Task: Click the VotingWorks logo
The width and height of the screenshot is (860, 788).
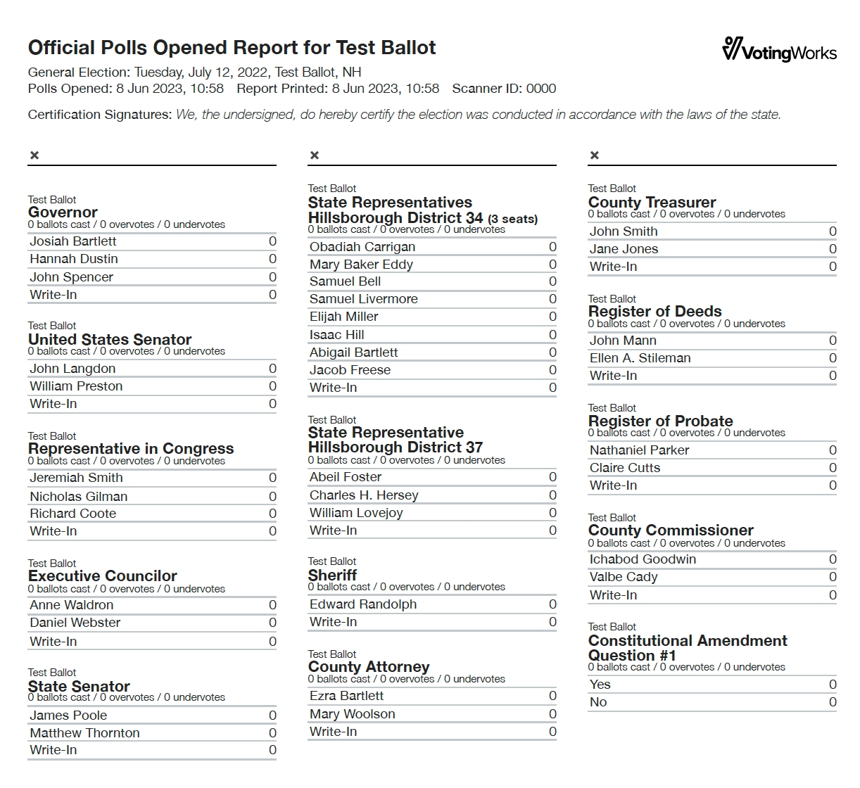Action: [x=779, y=50]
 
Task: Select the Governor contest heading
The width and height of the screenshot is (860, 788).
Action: [x=63, y=212]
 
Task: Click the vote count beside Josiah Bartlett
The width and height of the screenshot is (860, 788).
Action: [x=272, y=241]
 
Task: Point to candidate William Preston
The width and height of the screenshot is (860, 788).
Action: [x=76, y=386]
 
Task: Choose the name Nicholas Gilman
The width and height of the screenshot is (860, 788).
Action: [x=78, y=496]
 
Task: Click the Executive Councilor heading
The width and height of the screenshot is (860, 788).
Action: [x=103, y=576]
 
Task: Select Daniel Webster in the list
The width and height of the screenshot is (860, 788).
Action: [x=75, y=623]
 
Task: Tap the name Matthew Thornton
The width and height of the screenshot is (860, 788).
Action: [x=84, y=733]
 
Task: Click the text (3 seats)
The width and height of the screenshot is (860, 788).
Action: [x=512, y=220]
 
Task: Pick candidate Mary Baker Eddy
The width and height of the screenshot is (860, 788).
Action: [x=361, y=265]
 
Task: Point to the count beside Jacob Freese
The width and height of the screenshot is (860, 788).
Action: [x=552, y=370]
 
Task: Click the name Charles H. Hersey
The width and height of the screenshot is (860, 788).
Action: [x=364, y=495]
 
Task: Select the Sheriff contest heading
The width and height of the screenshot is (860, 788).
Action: [x=332, y=575]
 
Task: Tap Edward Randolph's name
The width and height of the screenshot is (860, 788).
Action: [x=363, y=604]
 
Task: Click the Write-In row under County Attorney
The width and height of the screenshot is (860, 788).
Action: [x=334, y=732]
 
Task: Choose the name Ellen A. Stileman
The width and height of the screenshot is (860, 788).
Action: [x=640, y=358]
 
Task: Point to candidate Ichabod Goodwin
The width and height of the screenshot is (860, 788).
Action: [x=643, y=559]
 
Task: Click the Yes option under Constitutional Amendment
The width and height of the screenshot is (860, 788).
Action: [x=600, y=685]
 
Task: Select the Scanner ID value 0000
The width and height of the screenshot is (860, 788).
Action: [x=540, y=89]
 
